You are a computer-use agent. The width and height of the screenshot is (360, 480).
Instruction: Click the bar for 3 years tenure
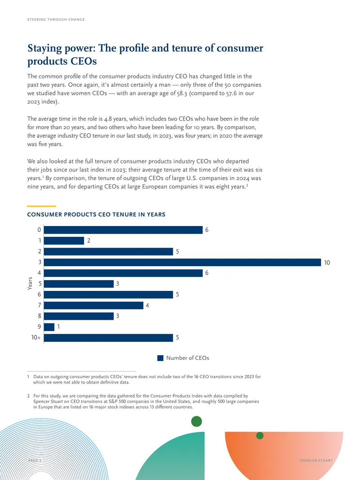[182, 262]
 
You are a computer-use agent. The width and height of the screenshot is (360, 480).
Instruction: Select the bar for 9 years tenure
[49, 327]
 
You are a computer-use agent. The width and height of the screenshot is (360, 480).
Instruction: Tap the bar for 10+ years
[108, 338]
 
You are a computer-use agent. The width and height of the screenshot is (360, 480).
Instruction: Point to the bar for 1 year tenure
[64, 240]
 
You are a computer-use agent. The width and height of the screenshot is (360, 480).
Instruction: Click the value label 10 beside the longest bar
[327, 263]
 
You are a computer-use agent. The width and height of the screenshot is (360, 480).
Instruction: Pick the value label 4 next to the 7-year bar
[147, 305]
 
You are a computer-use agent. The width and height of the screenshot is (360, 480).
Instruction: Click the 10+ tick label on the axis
[36, 337]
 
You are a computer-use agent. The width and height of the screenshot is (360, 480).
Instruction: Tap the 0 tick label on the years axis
[39, 230]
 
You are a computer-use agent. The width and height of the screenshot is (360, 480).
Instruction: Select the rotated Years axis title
[30, 284]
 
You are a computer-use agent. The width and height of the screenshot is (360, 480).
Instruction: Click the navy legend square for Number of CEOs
[160, 358]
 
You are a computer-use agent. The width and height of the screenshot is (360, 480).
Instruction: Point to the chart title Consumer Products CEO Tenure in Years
[96, 215]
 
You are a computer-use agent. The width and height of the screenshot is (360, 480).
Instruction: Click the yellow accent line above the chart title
[41, 206]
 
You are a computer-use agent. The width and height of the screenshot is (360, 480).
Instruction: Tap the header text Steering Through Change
[56, 19]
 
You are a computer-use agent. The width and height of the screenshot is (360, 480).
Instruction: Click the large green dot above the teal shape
[196, 421]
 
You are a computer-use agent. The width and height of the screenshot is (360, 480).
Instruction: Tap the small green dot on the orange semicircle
[260, 435]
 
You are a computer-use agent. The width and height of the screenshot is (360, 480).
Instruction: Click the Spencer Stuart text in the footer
[316, 460]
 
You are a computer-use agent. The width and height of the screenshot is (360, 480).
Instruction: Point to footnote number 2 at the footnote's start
[28, 396]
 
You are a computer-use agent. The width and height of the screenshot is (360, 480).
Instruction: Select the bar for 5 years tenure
[79, 284]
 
